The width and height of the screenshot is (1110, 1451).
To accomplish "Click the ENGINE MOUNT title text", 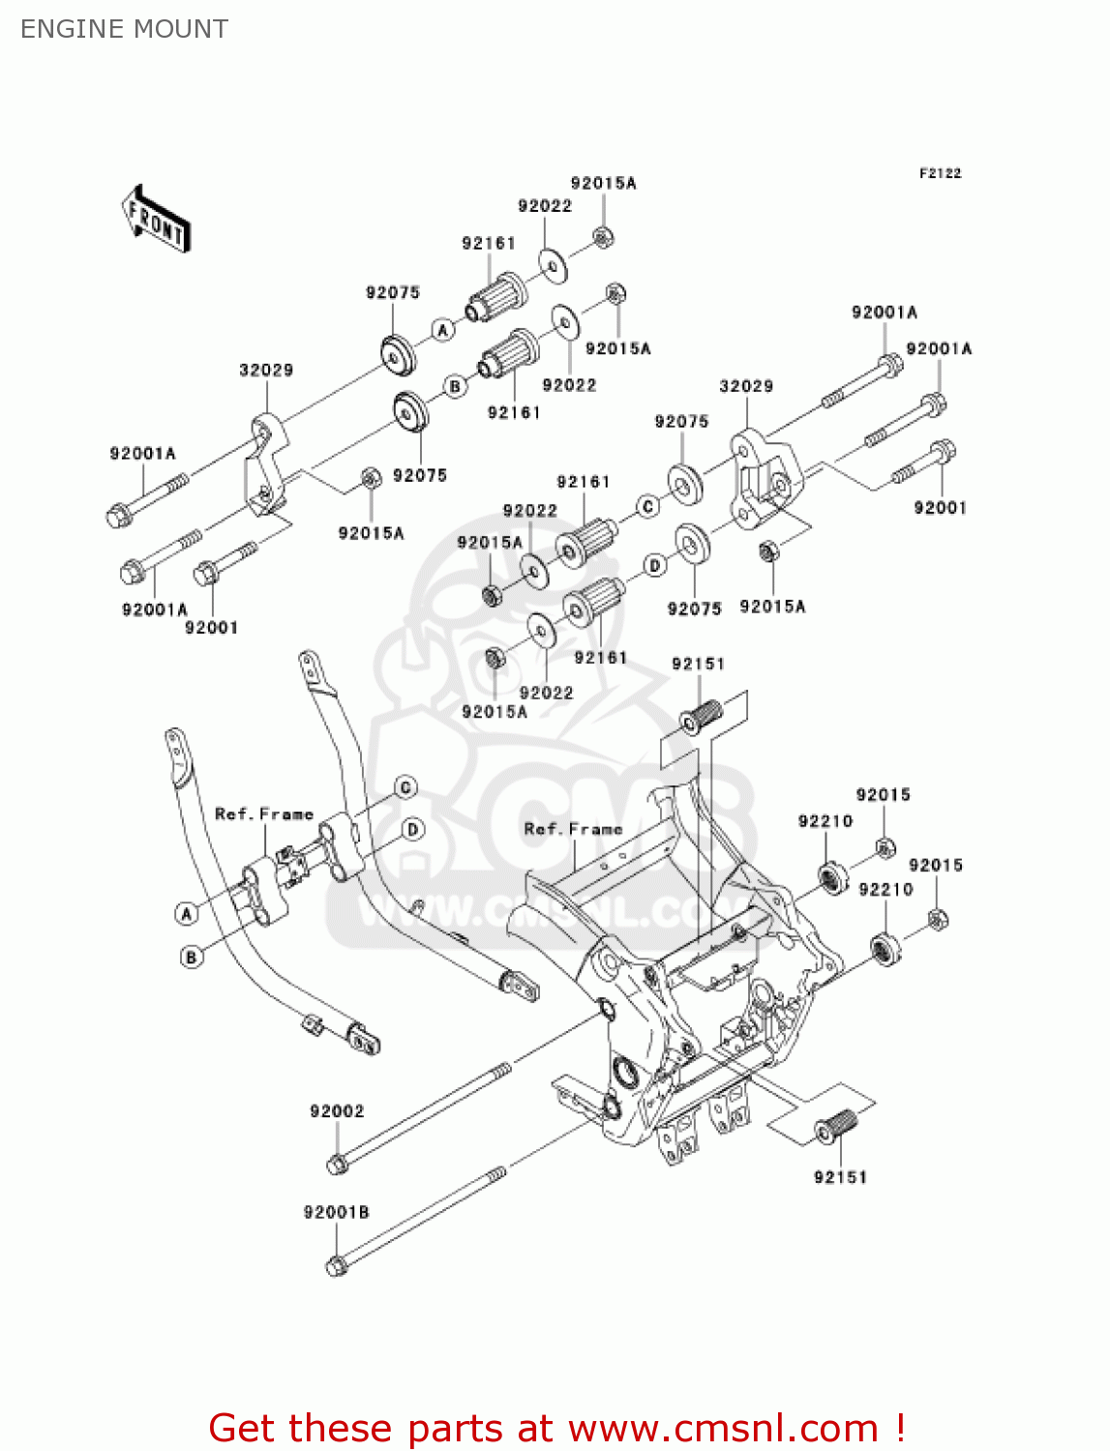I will pyautogui.click(x=124, y=29).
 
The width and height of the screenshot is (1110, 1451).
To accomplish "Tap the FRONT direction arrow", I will pyautogui.click(x=156, y=220).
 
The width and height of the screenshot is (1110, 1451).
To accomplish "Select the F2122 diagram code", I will pyautogui.click(x=940, y=173).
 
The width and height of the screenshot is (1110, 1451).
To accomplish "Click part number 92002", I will pyautogui.click(x=337, y=1111).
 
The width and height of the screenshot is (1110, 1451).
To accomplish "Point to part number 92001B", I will pyautogui.click(x=336, y=1212).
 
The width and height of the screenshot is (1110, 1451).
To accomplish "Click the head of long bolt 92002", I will pyautogui.click(x=337, y=1164).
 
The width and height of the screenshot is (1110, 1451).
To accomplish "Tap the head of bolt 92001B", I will pyautogui.click(x=336, y=1265).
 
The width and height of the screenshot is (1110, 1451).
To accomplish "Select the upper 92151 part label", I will pyautogui.click(x=698, y=664).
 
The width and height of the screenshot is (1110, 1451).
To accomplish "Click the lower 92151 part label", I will pyautogui.click(x=840, y=1177).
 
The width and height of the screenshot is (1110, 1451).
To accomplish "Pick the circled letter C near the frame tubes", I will pyautogui.click(x=405, y=787).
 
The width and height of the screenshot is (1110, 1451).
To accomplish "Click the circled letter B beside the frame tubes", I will pyautogui.click(x=192, y=957).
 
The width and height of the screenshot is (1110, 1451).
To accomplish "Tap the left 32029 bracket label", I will pyautogui.click(x=266, y=370).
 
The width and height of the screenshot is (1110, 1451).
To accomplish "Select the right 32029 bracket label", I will pyautogui.click(x=746, y=386).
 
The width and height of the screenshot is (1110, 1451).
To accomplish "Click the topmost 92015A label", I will pyautogui.click(x=603, y=183).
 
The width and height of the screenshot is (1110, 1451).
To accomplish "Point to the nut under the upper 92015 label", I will pyautogui.click(x=885, y=848).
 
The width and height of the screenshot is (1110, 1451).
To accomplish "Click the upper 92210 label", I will pyautogui.click(x=825, y=821).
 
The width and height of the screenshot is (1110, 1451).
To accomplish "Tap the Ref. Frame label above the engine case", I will pyautogui.click(x=573, y=829).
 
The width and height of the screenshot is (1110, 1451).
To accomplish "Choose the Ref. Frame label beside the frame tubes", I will pyautogui.click(x=263, y=814).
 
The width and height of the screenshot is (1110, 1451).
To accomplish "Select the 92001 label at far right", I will pyautogui.click(x=940, y=508).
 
